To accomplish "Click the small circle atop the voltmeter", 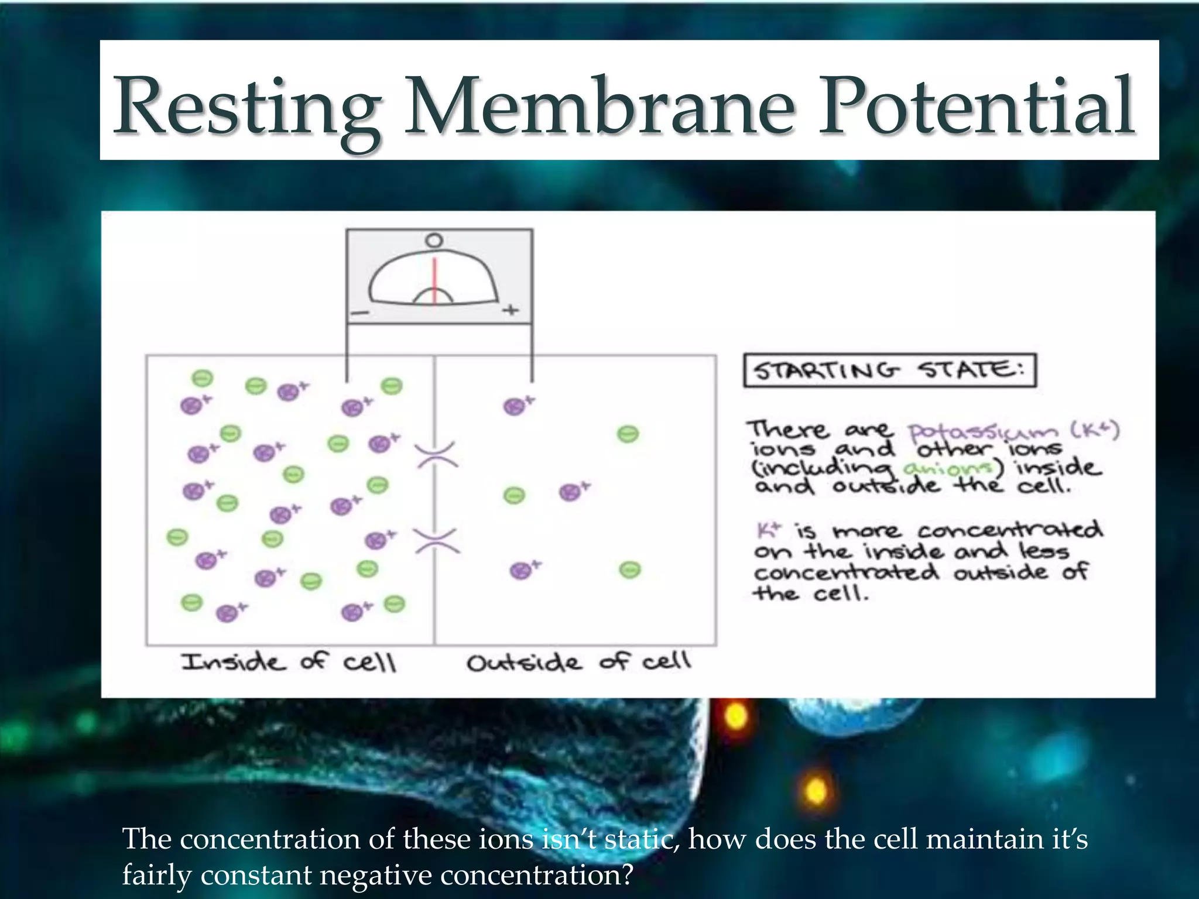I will pyautogui.click(x=434, y=241).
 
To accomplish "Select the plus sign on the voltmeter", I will pyautogui.click(x=511, y=310).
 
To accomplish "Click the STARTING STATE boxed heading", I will pyautogui.click(x=889, y=370).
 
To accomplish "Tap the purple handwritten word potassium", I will pyautogui.click(x=984, y=432).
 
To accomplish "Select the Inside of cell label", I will pyautogui.click(x=289, y=662).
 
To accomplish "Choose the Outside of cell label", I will pyautogui.click(x=578, y=662).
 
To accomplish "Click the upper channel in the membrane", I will pyautogui.click(x=436, y=455).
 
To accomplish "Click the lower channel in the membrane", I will pyautogui.click(x=437, y=541).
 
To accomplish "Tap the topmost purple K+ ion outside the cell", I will pyautogui.click(x=515, y=406).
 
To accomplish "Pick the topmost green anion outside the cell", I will pyautogui.click(x=628, y=434).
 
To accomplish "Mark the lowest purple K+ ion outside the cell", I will pyautogui.click(x=521, y=570).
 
